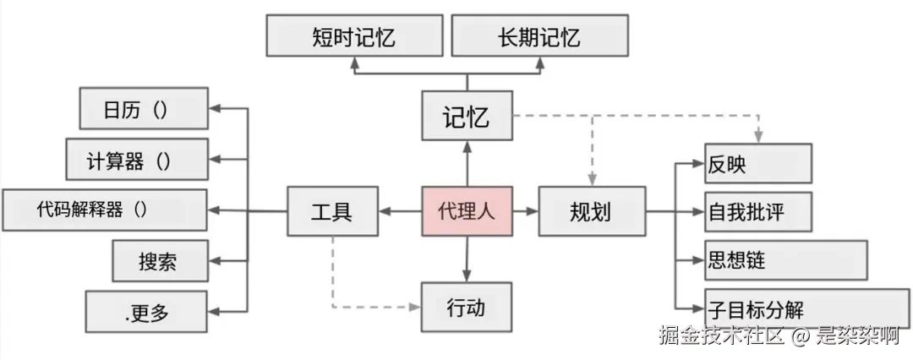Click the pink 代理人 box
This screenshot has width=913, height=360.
coord(467,210)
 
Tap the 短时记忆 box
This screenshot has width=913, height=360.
coord(354,36)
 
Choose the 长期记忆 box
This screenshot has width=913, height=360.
coord(539,36)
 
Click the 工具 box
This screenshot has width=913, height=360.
coord(331,210)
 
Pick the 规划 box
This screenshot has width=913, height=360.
coord(590,210)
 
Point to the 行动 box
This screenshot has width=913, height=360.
coord(467,306)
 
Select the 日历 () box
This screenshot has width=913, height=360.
coord(143,109)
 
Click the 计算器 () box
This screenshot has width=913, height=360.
coord(136,160)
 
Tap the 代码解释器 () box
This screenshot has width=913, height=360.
coord(104,210)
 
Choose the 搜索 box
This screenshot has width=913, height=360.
coord(159,261)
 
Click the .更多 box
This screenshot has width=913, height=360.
coord(146,312)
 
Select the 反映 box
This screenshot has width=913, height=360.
coord(757,164)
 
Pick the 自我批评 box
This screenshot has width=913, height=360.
coord(757,211)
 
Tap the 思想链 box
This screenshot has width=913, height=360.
coord(785,259)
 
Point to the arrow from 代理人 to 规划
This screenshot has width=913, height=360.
coord(525,210)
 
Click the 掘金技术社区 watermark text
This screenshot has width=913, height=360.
coord(723,336)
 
